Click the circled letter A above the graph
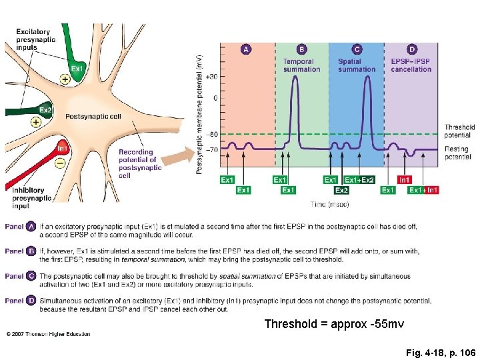click(246, 49)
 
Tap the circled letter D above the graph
click(411, 49)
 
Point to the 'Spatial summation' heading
click(356, 65)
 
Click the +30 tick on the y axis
click(211, 77)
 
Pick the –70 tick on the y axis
click(211, 149)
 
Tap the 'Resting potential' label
click(457, 153)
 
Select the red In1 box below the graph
click(404, 180)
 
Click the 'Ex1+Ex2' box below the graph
click(359, 180)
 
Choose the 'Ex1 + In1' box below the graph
click(423, 191)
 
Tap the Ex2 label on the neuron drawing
click(45, 110)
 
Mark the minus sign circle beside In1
click(60, 162)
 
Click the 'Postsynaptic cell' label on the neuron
click(93, 117)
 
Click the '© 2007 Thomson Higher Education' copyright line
click(48, 333)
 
